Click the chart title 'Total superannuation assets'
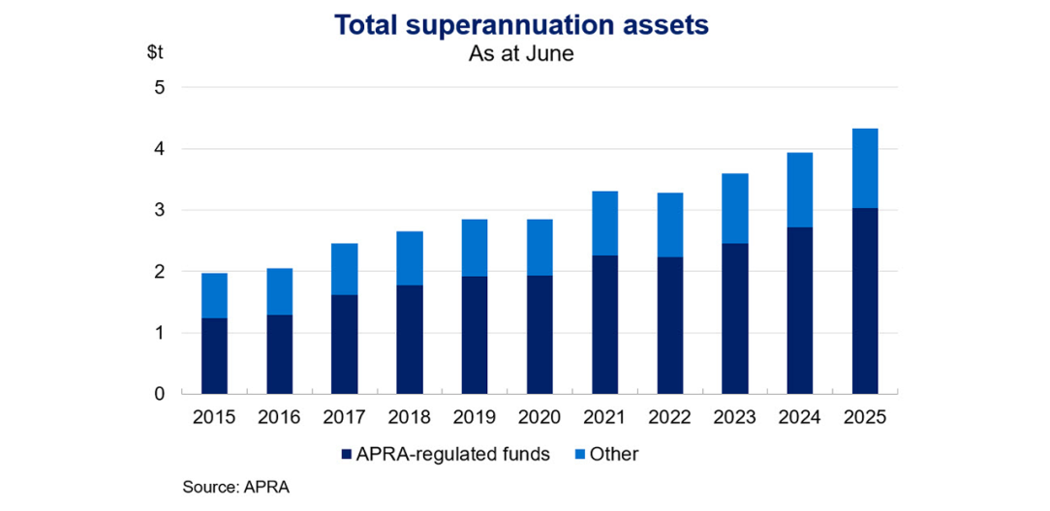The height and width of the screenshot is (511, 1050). tap(521, 25)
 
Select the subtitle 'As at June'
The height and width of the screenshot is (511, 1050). tap(521, 54)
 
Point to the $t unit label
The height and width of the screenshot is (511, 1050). tap(156, 53)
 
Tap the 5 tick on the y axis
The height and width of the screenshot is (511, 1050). tap(161, 88)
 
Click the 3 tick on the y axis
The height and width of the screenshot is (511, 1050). tap(161, 211)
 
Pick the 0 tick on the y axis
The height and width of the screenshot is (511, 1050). tap(161, 394)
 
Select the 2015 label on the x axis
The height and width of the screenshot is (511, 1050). tap(214, 418)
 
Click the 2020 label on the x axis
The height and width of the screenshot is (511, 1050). tap(539, 418)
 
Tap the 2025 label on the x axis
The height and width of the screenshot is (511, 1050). tap(863, 418)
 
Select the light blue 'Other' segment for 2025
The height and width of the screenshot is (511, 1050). tap(863, 168)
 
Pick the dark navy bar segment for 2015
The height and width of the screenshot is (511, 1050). tap(214, 356)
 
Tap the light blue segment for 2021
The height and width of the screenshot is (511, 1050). tap(603, 224)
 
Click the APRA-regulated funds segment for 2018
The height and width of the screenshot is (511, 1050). tap(409, 340)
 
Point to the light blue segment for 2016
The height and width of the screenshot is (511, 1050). tap(279, 291)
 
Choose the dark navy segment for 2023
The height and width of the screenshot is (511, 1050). tap(733, 318)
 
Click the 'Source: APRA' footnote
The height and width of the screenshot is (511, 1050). tap(235, 487)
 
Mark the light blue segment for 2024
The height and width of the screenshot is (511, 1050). tap(798, 190)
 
